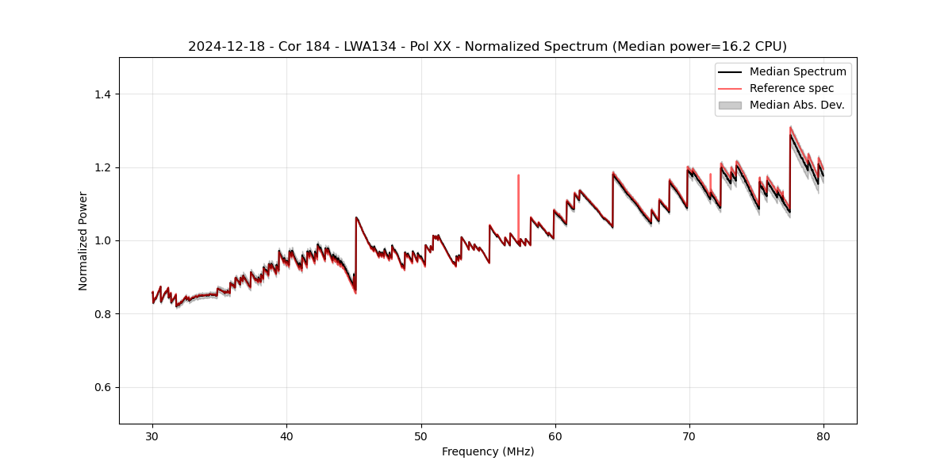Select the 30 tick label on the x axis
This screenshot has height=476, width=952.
click(x=153, y=436)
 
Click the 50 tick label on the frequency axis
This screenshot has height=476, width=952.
click(x=421, y=436)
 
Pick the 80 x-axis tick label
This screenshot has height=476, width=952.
click(x=823, y=436)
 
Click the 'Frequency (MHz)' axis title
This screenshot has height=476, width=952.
click(x=488, y=451)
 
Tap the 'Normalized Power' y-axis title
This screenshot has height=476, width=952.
click(x=83, y=240)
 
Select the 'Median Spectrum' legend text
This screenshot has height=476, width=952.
click(x=797, y=71)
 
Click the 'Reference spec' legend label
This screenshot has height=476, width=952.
click(x=792, y=88)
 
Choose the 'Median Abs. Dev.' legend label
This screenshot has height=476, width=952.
click(x=797, y=105)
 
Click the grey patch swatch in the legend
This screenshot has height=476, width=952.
click(x=730, y=105)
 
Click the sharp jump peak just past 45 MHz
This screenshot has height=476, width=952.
click(x=356, y=217)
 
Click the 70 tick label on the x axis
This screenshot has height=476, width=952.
click(x=689, y=436)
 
